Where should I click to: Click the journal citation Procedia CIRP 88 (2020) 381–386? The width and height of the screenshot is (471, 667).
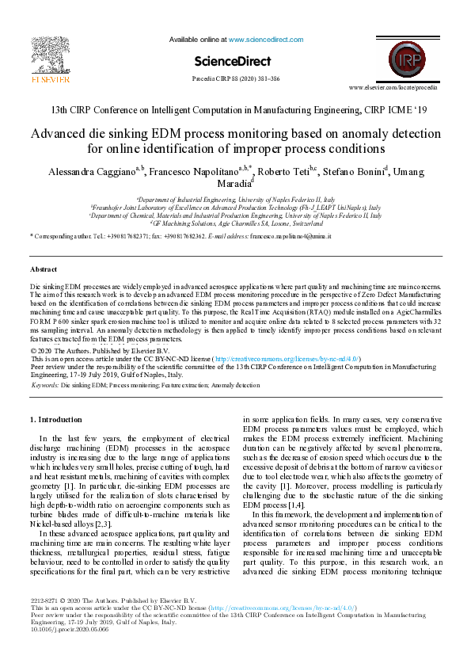236,78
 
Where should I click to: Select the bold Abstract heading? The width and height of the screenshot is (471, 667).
43,270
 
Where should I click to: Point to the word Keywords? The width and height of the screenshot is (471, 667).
45,385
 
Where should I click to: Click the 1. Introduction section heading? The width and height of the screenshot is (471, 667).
60,419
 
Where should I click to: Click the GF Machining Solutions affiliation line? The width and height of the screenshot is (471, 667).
236,223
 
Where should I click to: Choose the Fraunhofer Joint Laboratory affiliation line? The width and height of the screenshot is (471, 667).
236,208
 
